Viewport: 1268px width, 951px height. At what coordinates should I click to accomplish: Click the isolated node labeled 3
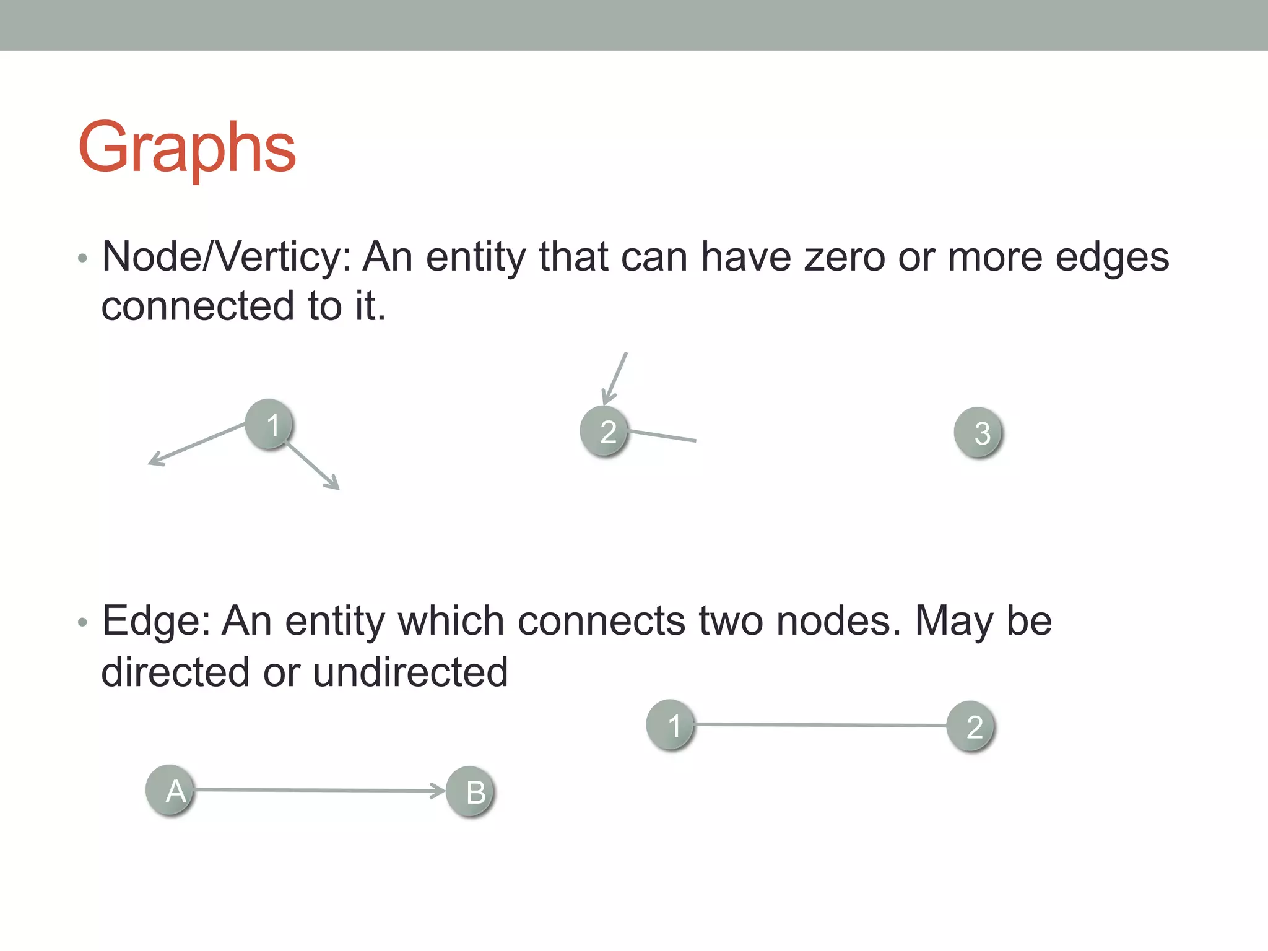tap(978, 432)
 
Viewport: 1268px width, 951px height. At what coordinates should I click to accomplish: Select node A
tap(170, 791)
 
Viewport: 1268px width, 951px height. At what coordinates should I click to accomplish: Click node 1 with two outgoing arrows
tap(269, 424)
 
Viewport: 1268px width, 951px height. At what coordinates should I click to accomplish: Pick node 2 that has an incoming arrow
tap(604, 431)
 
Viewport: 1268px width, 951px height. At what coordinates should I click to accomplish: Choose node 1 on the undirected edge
tap(671, 724)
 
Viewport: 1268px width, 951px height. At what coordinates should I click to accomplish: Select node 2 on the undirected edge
tap(971, 726)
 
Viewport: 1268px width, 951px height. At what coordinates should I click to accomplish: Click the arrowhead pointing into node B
tap(438, 791)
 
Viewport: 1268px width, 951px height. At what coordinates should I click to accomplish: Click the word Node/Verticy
tap(226, 257)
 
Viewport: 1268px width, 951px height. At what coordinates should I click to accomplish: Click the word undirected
tap(410, 672)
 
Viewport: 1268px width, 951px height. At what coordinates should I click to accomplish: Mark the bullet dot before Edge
tap(82, 622)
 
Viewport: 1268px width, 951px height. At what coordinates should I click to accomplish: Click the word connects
tap(601, 621)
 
